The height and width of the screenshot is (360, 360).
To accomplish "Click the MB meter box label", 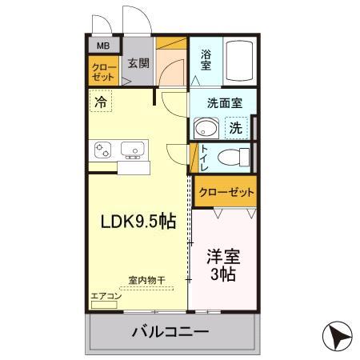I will click(103, 46).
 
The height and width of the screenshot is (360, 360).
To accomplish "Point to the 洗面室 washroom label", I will click(220, 103).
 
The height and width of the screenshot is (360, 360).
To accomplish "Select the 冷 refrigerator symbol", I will click(101, 102).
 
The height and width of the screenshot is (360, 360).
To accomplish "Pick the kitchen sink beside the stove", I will click(132, 150).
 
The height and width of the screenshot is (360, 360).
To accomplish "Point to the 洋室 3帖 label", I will click(223, 264).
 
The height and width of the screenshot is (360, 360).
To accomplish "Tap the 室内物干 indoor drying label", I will click(146, 281).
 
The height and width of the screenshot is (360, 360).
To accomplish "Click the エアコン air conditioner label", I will click(106, 296).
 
